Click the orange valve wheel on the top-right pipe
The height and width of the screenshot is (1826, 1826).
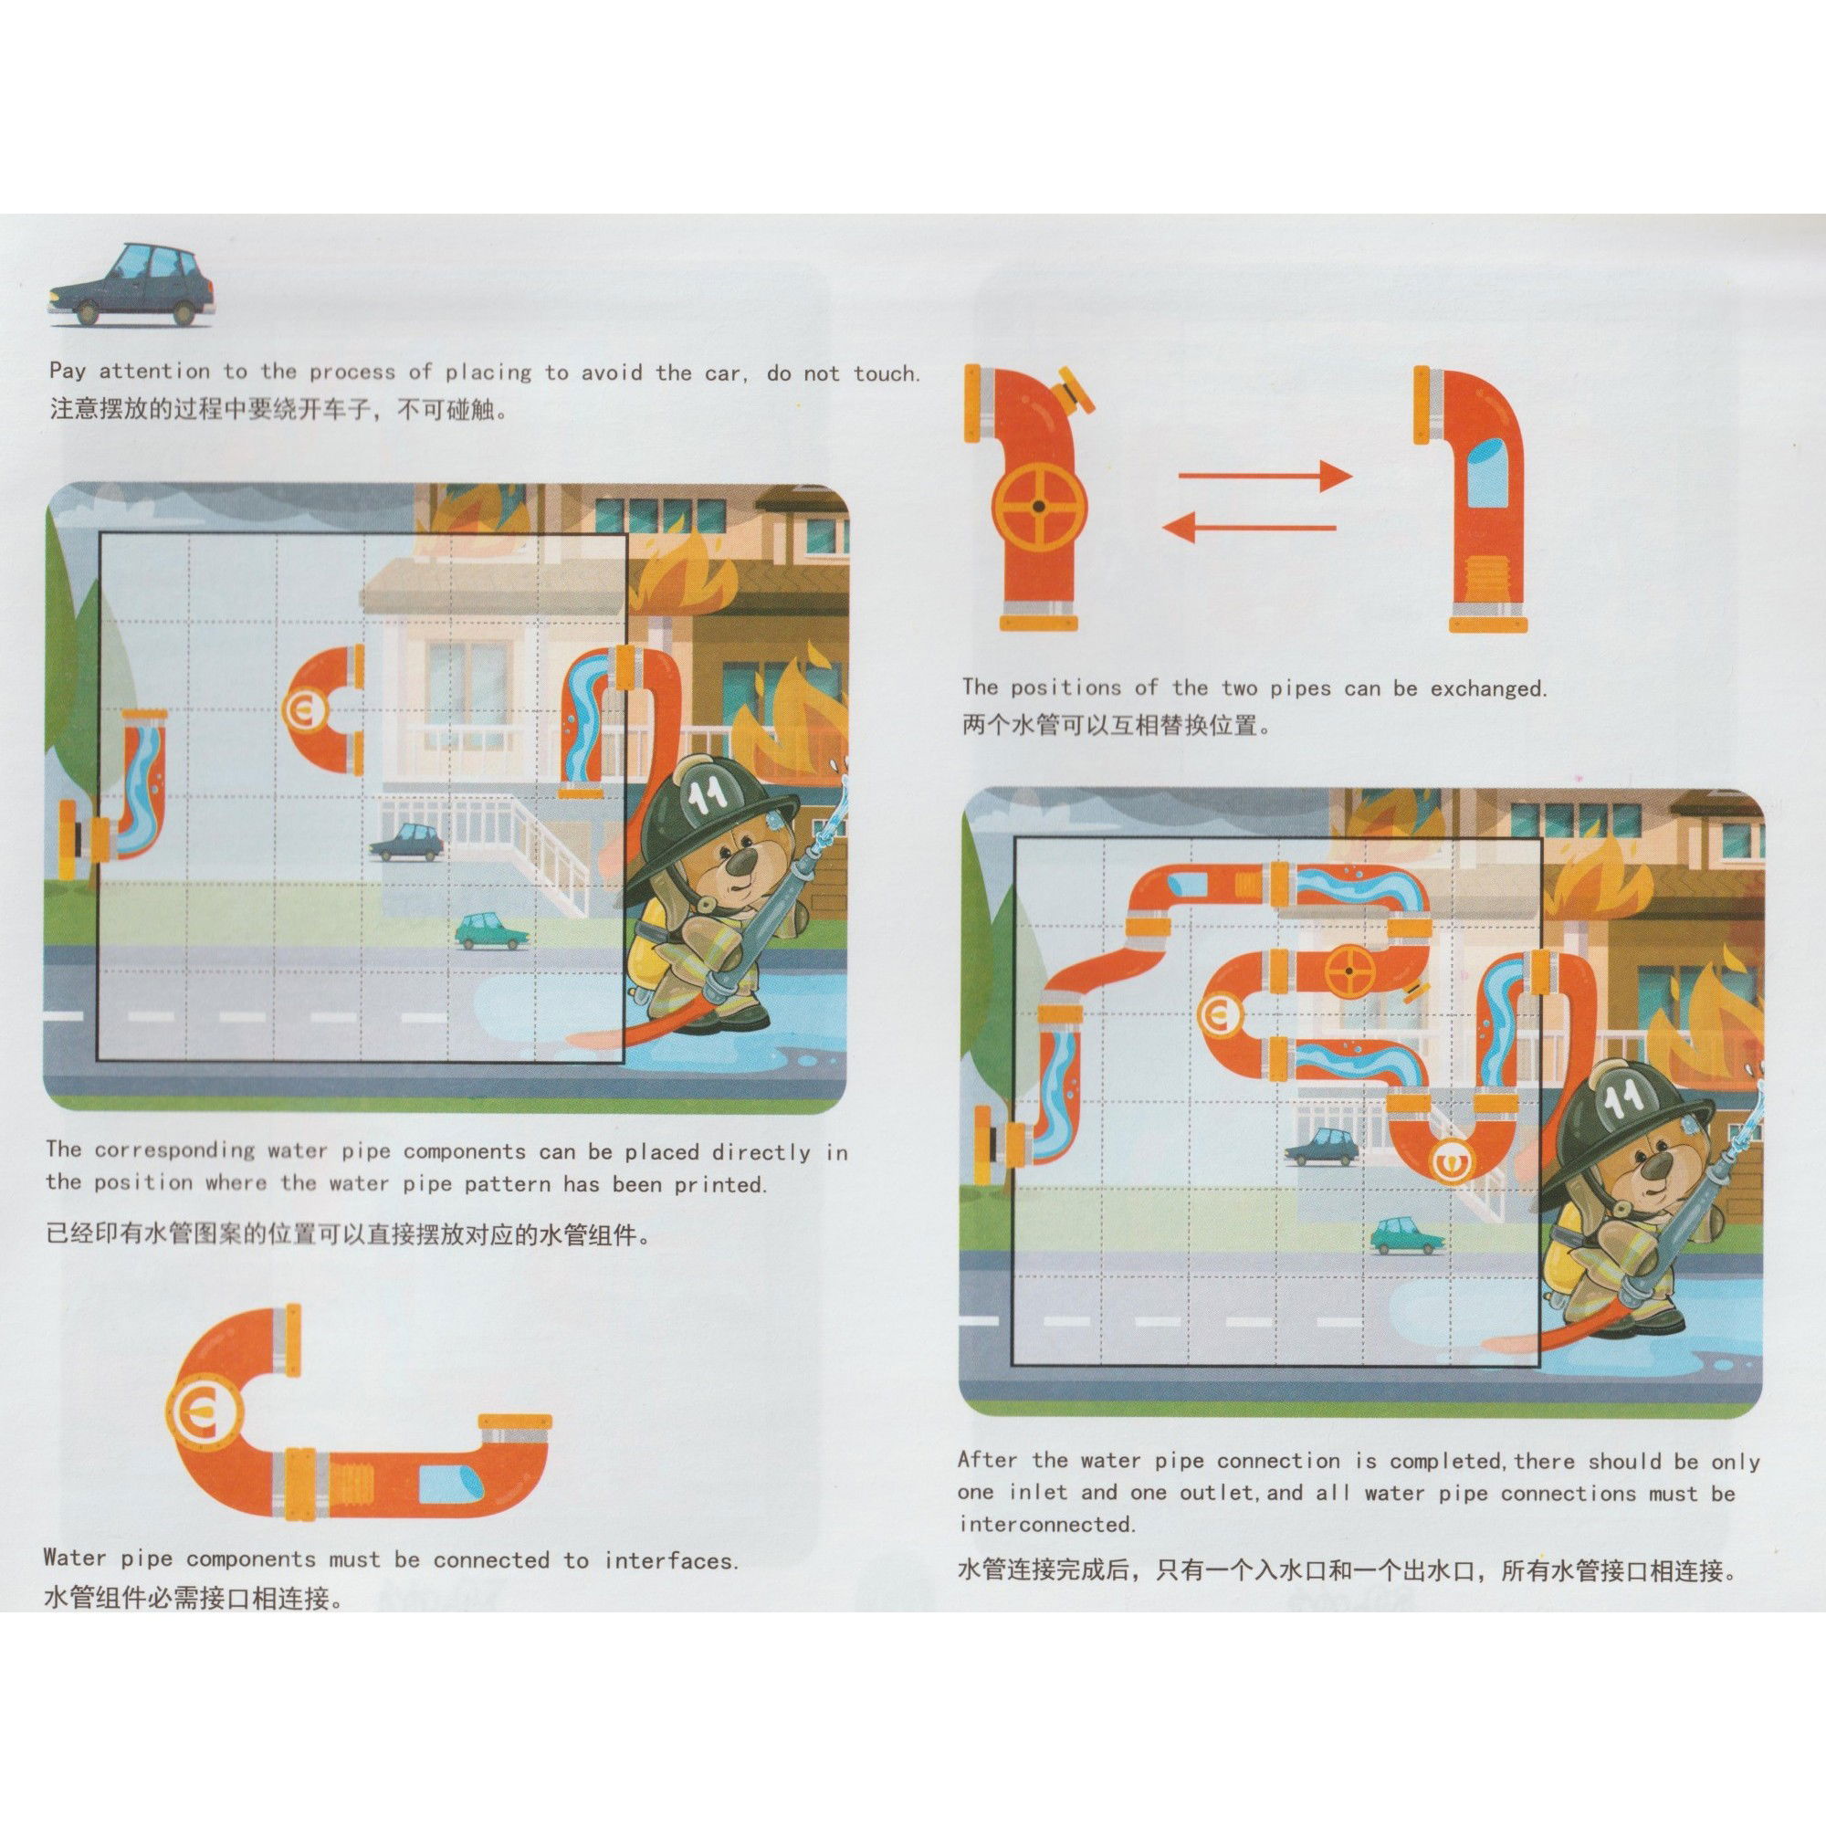(1039, 507)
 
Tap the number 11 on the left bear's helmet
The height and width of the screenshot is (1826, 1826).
(708, 792)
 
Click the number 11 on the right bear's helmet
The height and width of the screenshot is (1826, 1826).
(1621, 1097)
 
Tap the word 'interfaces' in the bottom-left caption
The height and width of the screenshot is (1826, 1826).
(669, 1559)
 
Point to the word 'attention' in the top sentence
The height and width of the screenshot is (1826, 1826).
(155, 372)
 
